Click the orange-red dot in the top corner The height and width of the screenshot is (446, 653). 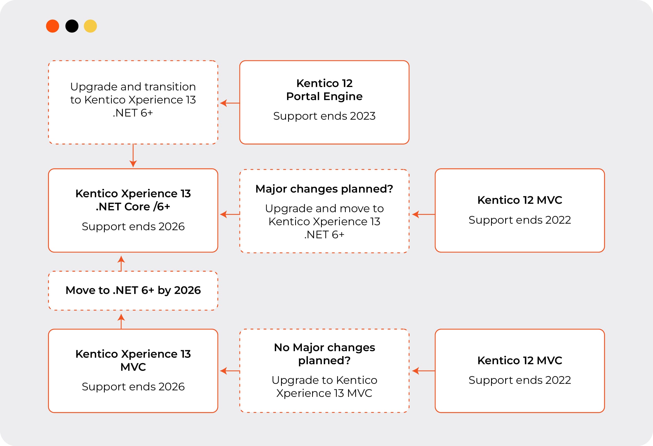click(53, 26)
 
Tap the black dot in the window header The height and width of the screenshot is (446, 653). click(72, 26)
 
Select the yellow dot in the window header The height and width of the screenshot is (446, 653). click(90, 26)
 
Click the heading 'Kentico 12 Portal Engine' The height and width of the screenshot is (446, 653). click(324, 90)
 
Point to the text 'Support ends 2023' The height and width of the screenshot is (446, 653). click(324, 116)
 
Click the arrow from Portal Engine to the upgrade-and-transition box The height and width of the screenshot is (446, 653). click(230, 103)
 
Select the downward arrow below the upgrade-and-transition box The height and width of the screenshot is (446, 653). click(133, 156)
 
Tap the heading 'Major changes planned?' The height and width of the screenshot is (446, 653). click(324, 189)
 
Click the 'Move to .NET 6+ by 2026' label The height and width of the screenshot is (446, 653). click(133, 290)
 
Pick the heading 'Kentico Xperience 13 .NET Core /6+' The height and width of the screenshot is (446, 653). click(133, 200)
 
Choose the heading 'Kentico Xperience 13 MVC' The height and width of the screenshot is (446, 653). click(133, 360)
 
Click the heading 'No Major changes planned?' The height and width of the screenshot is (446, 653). click(324, 354)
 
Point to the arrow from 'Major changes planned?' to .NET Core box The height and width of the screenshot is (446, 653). click(230, 215)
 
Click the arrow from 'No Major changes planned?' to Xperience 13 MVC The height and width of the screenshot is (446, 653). click(230, 371)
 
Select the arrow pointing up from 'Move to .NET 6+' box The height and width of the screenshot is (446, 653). click(121, 263)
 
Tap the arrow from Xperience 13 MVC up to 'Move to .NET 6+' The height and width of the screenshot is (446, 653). click(121, 321)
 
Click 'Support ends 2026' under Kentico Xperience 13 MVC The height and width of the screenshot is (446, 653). click(133, 387)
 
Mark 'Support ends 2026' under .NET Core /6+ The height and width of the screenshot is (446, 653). click(133, 227)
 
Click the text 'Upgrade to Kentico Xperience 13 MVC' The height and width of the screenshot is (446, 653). click(324, 387)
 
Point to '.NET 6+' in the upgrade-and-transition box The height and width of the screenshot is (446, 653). click(133, 113)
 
